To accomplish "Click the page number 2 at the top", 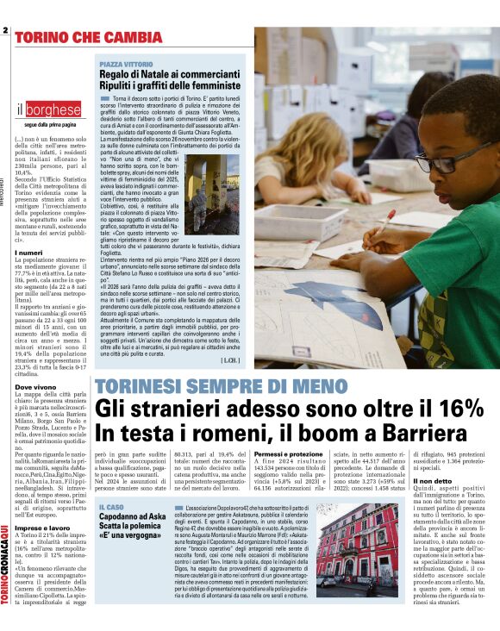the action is point(5,31).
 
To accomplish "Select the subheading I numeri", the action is point(28,253).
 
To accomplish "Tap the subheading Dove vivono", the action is point(34,388).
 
